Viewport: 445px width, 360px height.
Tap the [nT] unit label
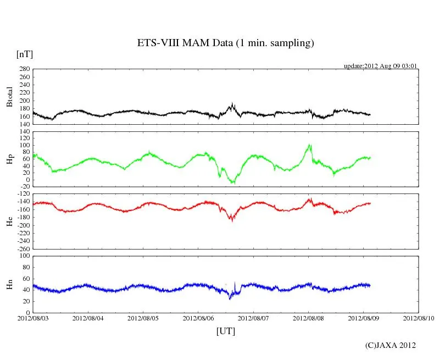point(25,54)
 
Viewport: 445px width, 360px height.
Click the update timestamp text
point(381,66)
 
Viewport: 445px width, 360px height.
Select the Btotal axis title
point(9,97)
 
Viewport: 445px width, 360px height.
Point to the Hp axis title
point(9,158)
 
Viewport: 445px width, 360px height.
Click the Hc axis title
point(9,221)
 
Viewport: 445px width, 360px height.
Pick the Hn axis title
point(9,284)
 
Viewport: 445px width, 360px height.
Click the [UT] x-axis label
point(226,331)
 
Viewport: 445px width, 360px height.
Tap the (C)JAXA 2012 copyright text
point(390,345)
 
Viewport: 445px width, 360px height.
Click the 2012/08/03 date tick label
point(33,318)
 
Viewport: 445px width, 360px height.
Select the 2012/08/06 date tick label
point(198,318)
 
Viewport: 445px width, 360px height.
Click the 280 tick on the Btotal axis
point(24,69)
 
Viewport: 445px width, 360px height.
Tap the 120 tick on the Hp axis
point(24,131)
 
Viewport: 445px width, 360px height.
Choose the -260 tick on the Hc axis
point(22,248)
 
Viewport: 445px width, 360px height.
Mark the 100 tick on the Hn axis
point(24,256)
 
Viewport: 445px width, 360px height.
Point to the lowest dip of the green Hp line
point(233,182)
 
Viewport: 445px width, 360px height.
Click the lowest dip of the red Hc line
point(232,220)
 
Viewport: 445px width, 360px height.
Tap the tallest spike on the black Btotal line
point(233,103)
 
